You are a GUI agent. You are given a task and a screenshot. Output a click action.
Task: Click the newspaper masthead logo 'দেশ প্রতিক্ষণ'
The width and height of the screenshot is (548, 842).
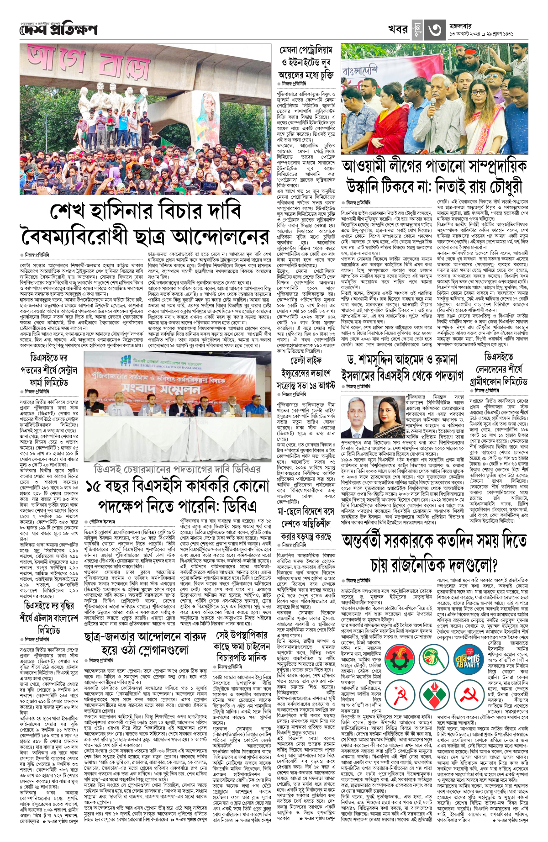click(x=58, y=30)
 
